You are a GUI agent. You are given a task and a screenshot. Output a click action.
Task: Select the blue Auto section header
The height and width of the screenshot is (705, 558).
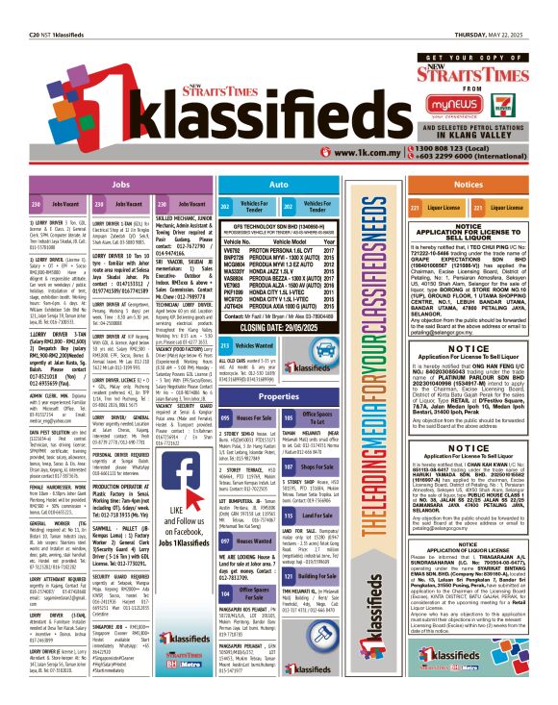pos(278,183)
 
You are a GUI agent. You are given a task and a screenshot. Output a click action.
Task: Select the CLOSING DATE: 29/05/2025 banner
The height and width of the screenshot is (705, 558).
pos(279,327)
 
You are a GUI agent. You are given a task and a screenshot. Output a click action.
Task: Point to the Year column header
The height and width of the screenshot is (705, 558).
pos(331,240)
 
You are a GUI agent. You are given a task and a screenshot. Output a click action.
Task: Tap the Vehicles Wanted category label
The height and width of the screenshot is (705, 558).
pos(255,344)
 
